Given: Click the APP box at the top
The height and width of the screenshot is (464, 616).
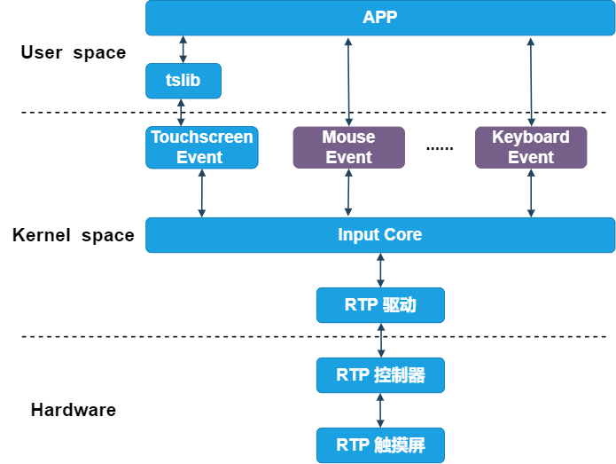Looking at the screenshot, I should pos(379,18).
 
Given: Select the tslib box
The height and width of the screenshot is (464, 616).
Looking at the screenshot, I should pos(183,81).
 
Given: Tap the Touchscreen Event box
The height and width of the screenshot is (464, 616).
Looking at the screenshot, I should pos(202,147).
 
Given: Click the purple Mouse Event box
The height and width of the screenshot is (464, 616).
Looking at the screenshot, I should pos(348,147).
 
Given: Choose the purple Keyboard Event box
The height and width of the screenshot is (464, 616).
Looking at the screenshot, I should pos(531,147).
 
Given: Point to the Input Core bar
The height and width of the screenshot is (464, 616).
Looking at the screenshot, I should pos(379,235).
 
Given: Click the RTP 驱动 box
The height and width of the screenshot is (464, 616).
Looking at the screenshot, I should pos(380,305).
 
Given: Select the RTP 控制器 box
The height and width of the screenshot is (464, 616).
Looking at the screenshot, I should pos(380,375).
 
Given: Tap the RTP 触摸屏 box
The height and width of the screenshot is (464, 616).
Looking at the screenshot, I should pos(380,444).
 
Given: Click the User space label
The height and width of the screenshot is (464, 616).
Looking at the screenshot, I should pos(74,52).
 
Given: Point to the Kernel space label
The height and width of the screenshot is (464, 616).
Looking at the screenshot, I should pos(74,235).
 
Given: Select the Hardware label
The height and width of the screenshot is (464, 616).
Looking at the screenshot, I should pos(74,410).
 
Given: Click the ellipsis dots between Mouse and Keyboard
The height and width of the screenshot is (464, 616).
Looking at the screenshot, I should pos(440,148).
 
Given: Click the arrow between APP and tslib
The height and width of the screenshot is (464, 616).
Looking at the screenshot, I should pos(183,50).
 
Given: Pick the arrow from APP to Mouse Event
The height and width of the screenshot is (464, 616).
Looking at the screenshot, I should pos(349,81).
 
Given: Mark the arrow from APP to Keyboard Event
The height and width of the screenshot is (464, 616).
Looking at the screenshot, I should pos(531,81).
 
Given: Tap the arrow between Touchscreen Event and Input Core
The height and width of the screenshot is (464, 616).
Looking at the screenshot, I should pos(202,193).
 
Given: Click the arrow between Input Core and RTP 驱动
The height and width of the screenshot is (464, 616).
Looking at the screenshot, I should pos(381,270).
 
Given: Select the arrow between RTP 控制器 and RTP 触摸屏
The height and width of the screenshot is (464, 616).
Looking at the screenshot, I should pos(380,410).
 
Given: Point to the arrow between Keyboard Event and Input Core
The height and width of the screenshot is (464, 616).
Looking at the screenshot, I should pos(531,193).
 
